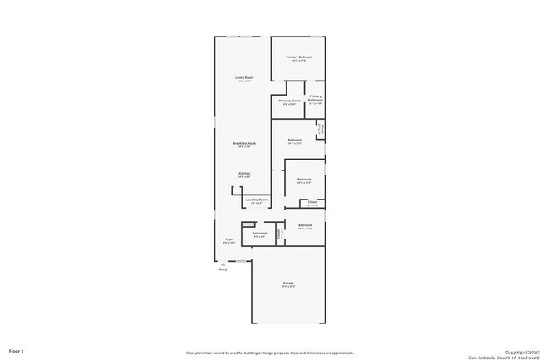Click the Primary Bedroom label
[x=299, y=57]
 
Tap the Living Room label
[x=243, y=77]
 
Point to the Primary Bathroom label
[x=316, y=97]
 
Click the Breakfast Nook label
[x=244, y=145]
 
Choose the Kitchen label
[x=244, y=174]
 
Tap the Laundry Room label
[x=257, y=200]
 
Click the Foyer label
[x=228, y=239]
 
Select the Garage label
[x=288, y=284]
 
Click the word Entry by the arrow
[x=223, y=269]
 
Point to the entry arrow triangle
[x=223, y=263]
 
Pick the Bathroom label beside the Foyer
[x=259, y=234]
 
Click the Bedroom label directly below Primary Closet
[x=294, y=140]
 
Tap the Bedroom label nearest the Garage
[x=305, y=225]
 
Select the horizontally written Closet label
[x=312, y=202]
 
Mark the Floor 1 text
[x=17, y=351]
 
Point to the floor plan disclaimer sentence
[x=258, y=352]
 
